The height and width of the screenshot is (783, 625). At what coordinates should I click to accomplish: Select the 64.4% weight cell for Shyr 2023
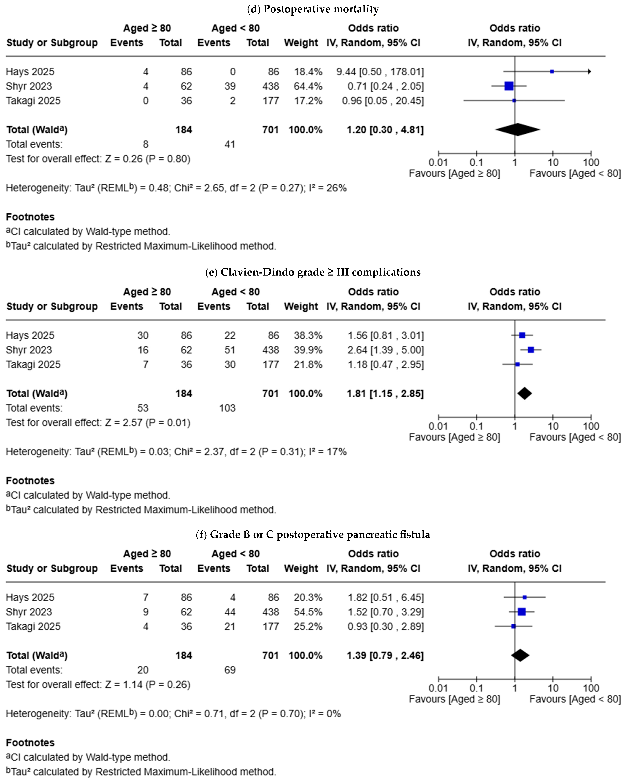click(308, 86)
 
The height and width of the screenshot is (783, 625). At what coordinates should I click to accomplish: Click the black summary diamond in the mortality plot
click(518, 129)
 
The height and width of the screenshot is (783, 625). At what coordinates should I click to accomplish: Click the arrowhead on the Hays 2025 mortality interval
click(590, 71)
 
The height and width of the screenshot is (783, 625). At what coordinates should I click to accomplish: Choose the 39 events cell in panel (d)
click(230, 86)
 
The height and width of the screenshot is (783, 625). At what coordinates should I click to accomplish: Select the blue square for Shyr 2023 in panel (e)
click(531, 350)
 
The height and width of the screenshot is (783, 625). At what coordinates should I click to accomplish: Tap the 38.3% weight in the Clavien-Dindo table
click(308, 335)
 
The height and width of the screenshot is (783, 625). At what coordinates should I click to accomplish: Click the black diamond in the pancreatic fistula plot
click(520, 655)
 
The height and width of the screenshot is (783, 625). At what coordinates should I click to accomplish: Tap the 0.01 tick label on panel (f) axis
click(438, 688)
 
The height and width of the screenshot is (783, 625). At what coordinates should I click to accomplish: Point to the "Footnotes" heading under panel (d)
click(30, 217)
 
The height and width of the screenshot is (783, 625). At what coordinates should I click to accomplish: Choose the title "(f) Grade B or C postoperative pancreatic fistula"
click(313, 535)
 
